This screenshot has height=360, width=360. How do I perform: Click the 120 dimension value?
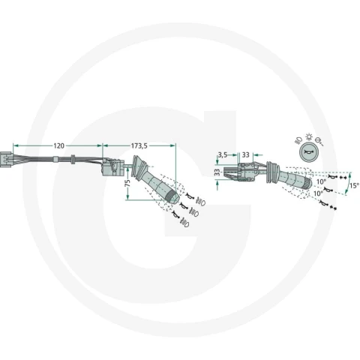pyautogui.click(x=58, y=145)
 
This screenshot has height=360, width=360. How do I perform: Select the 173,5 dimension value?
pyautogui.click(x=139, y=145)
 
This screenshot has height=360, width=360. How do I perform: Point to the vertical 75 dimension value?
pyautogui.click(x=127, y=183)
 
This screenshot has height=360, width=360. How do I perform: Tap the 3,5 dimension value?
pyautogui.click(x=223, y=155)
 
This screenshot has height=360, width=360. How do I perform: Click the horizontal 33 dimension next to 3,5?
pyautogui.click(x=245, y=154)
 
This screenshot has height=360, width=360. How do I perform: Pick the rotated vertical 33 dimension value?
pyautogui.click(x=217, y=172)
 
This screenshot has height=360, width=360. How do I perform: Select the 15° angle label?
pyautogui.click(x=354, y=185)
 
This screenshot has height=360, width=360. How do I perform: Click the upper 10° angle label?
pyautogui.click(x=321, y=181)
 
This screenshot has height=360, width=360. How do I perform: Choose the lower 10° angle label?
pyautogui.click(x=318, y=193)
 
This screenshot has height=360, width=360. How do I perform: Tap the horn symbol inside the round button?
pyautogui.click(x=308, y=151)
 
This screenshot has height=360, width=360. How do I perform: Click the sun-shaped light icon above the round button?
pyautogui.click(x=309, y=136)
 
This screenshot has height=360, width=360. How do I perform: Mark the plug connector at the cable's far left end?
pyautogui.click(x=7, y=159)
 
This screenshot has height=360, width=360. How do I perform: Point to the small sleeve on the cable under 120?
pyautogui.click(x=55, y=159)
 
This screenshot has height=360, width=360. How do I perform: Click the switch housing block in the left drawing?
pyautogui.click(x=112, y=166)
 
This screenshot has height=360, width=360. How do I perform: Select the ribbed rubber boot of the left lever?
pyautogui.click(x=140, y=167)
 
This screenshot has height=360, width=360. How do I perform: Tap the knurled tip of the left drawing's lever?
pyautogui.click(x=172, y=197)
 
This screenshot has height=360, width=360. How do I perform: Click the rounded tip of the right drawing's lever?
pyautogui.click(x=308, y=183)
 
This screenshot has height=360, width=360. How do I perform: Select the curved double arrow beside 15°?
pyautogui.click(x=348, y=183)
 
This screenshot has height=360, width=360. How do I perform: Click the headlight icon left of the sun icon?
pyautogui.click(x=298, y=140)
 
